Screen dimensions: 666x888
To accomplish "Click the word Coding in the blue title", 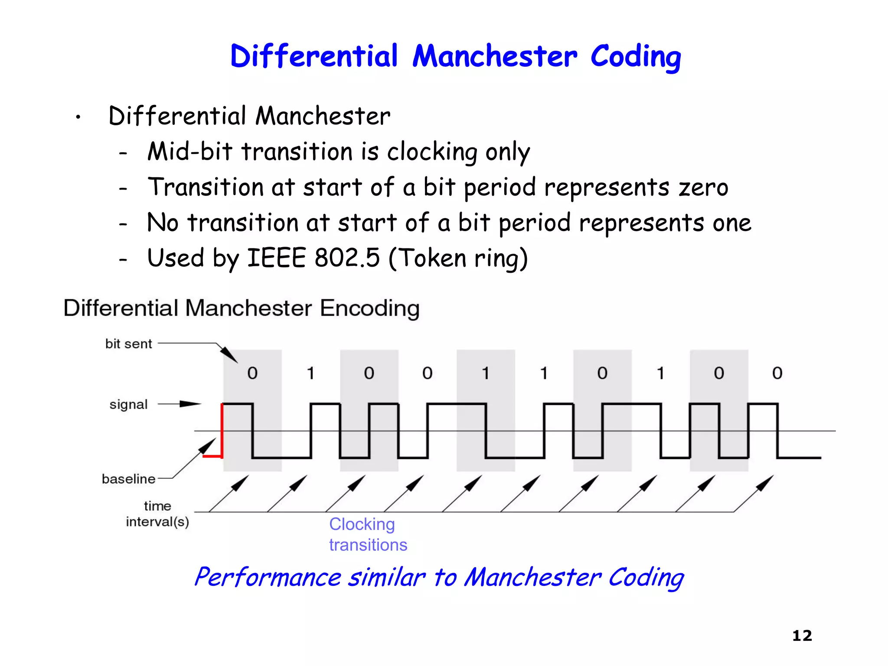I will tap(635, 56).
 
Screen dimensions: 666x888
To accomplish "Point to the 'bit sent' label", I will tap(128, 344).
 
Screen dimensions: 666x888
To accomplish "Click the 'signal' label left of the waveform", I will tap(128, 405).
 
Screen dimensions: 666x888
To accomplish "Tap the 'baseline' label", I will tap(128, 479).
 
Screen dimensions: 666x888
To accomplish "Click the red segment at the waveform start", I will tap(222, 431).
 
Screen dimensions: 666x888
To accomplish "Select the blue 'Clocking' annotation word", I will tap(362, 524).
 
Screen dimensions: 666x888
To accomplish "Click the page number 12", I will tap(802, 636).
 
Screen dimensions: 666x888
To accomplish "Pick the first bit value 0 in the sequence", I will tap(252, 373).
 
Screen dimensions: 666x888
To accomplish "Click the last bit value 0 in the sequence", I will tap(777, 373).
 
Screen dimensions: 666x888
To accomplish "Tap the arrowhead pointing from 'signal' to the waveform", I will tap(191, 404).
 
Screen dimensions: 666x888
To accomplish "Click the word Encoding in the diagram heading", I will tap(369, 308).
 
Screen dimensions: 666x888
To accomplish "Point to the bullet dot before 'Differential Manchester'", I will tap(78, 117).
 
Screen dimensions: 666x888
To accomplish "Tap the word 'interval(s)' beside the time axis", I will tap(157, 522).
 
